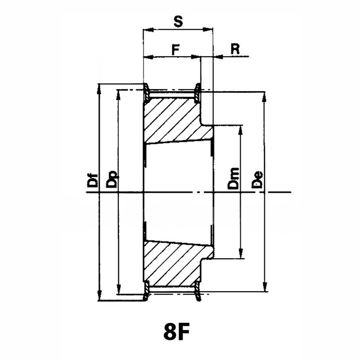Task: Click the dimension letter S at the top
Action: [x=178, y=22]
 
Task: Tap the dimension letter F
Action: [x=176, y=50]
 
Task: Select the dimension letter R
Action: [x=235, y=49]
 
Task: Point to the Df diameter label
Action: [x=93, y=180]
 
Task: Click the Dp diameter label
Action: [x=112, y=180]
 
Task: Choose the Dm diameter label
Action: [x=233, y=178]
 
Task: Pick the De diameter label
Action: [x=257, y=180]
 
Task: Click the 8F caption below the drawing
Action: [x=176, y=332]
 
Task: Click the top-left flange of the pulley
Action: [x=146, y=93]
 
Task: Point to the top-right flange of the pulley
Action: [x=197, y=93]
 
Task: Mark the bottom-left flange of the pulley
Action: [x=146, y=290]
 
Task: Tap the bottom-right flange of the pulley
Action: [x=197, y=291]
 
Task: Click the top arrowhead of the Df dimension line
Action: [x=99, y=89]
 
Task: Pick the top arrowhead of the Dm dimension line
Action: [x=241, y=131]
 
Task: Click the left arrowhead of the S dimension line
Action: [x=148, y=29]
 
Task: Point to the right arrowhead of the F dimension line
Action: [x=196, y=57]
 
